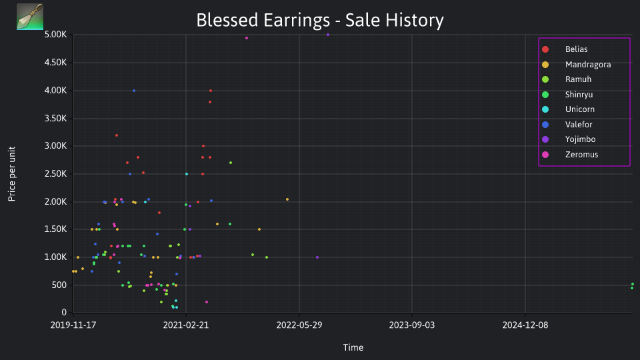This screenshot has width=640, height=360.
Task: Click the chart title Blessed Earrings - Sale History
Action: (319, 20)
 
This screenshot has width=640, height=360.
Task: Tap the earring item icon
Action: (30, 17)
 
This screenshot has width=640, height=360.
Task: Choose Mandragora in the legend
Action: (576, 65)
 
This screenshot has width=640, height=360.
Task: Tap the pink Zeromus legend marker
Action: (545, 154)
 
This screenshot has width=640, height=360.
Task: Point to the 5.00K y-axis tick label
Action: (55, 34)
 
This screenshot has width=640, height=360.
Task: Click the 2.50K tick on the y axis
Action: (55, 174)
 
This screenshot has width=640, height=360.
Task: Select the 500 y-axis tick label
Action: (59, 285)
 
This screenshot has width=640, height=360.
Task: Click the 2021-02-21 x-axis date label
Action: (186, 325)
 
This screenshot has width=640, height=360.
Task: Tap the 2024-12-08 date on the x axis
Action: (525, 325)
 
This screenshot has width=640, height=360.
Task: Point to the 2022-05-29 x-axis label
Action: (299, 325)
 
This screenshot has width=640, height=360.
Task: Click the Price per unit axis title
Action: (12, 174)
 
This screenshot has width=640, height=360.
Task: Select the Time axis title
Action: (353, 347)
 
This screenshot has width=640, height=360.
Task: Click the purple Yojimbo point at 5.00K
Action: (328, 35)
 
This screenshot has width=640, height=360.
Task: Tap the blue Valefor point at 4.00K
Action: (134, 91)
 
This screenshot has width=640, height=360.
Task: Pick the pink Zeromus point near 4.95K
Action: (247, 38)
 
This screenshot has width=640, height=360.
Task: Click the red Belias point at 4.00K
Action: (211, 91)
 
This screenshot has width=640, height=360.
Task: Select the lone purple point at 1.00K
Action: (317, 257)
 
